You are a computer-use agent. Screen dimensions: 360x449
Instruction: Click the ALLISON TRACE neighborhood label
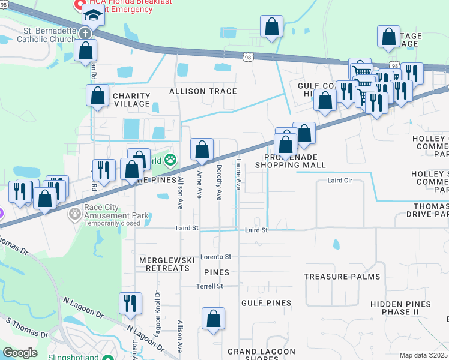(x=203, y=91)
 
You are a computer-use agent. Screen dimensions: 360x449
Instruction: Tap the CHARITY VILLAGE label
(x=131, y=100)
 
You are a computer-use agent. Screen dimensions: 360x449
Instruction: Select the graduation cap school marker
(x=93, y=14)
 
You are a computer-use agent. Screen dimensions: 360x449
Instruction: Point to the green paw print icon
(x=171, y=160)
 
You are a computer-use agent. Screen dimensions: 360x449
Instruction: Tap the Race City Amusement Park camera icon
(x=75, y=214)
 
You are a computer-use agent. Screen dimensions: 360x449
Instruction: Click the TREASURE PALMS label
(x=342, y=277)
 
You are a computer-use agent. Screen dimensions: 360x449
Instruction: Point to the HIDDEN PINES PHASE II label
(x=400, y=308)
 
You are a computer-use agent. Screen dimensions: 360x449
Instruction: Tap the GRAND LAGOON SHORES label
(x=261, y=355)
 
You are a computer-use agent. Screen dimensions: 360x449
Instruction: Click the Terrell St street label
(x=209, y=286)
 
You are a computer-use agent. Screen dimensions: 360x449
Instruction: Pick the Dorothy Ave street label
(x=219, y=182)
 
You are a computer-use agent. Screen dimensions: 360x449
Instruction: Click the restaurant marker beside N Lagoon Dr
(x=130, y=304)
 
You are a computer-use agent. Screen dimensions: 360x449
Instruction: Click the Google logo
(x=20, y=352)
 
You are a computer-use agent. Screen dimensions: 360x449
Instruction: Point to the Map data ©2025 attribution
(x=423, y=355)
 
